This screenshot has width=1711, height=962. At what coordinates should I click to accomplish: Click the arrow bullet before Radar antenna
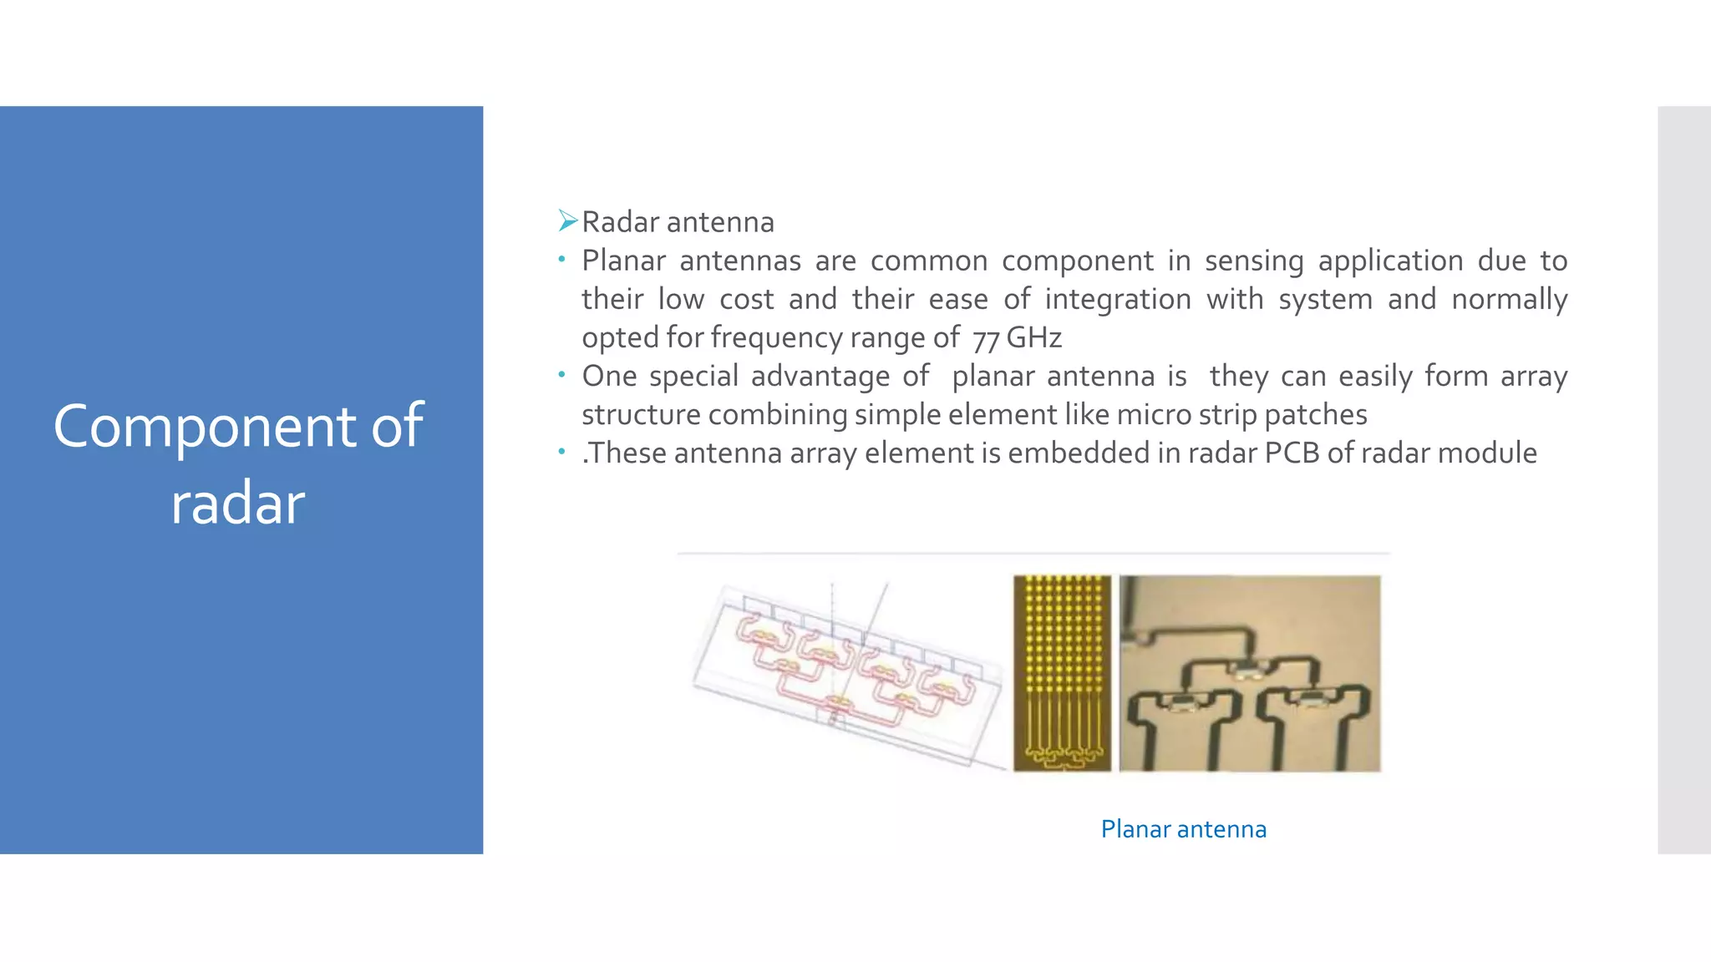(x=568, y=221)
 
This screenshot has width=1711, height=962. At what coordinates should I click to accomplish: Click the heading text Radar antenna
(x=678, y=222)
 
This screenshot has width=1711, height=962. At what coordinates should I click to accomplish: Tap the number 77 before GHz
(x=986, y=339)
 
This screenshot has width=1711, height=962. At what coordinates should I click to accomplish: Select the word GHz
(x=1033, y=337)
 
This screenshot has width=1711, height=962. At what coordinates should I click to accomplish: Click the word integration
(x=1118, y=299)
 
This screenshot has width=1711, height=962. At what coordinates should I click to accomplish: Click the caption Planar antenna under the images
(x=1183, y=829)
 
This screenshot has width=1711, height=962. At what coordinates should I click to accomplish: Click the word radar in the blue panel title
(x=238, y=504)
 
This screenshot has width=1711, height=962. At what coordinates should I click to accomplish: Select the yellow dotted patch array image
(x=1062, y=672)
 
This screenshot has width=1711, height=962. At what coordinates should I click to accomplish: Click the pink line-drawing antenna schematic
(x=848, y=672)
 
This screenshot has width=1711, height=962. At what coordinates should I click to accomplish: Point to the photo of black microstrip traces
(x=1249, y=672)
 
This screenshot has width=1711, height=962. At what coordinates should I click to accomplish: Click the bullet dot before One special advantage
(x=562, y=375)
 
